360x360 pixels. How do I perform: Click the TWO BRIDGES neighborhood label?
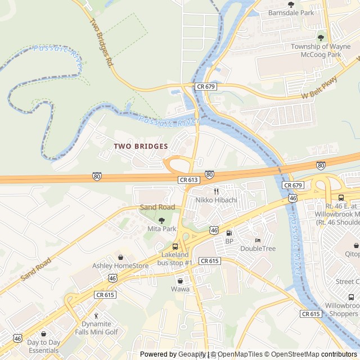141,146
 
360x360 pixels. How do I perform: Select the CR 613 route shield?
188,179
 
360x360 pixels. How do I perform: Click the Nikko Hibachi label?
216,200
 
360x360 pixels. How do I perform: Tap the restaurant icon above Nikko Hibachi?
215,191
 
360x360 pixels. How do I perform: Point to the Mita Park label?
161,229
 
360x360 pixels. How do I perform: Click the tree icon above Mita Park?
162,220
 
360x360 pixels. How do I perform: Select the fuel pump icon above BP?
229,233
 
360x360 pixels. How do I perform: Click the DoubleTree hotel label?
258,249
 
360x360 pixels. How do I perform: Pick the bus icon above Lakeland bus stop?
175,246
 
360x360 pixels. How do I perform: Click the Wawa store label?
180,289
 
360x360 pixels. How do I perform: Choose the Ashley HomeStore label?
120,265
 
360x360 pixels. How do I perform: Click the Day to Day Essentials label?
43,346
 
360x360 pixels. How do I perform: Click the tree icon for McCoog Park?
321,38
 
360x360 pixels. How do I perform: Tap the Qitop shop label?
353,254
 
